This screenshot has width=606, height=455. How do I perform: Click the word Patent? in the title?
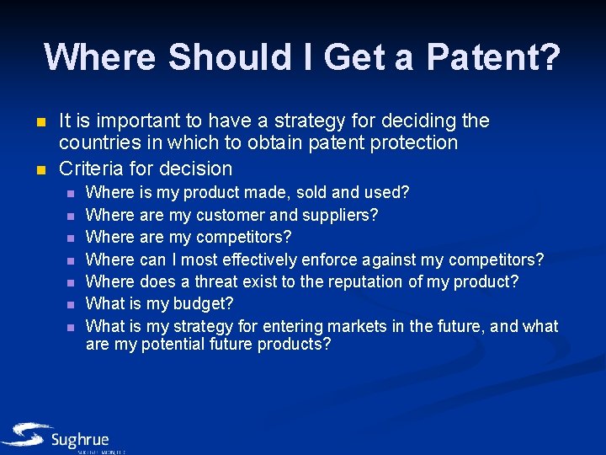coord(493,57)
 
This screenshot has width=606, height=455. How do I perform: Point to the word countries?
coord(98,142)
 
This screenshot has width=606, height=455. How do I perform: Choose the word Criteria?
coord(90,169)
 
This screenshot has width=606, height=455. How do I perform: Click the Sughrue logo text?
coord(79,440)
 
